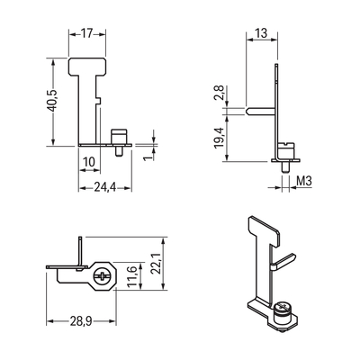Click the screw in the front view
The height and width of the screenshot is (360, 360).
[117, 138]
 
